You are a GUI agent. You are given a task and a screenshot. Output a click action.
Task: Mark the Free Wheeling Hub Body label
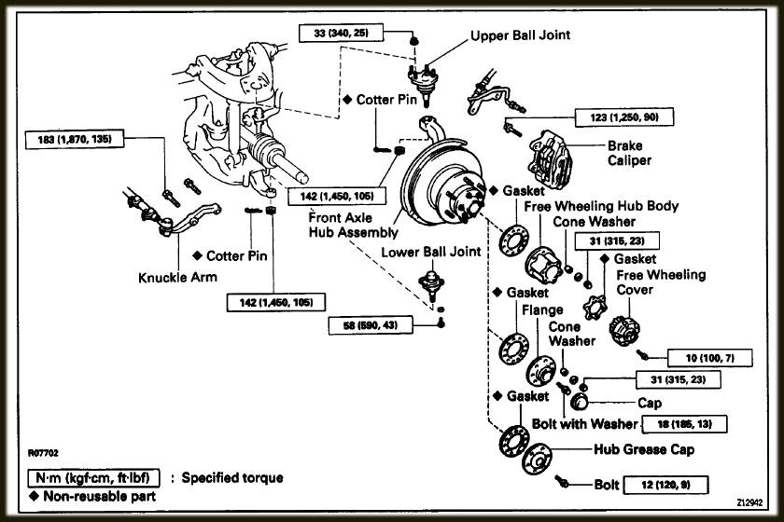(x=601, y=205)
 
